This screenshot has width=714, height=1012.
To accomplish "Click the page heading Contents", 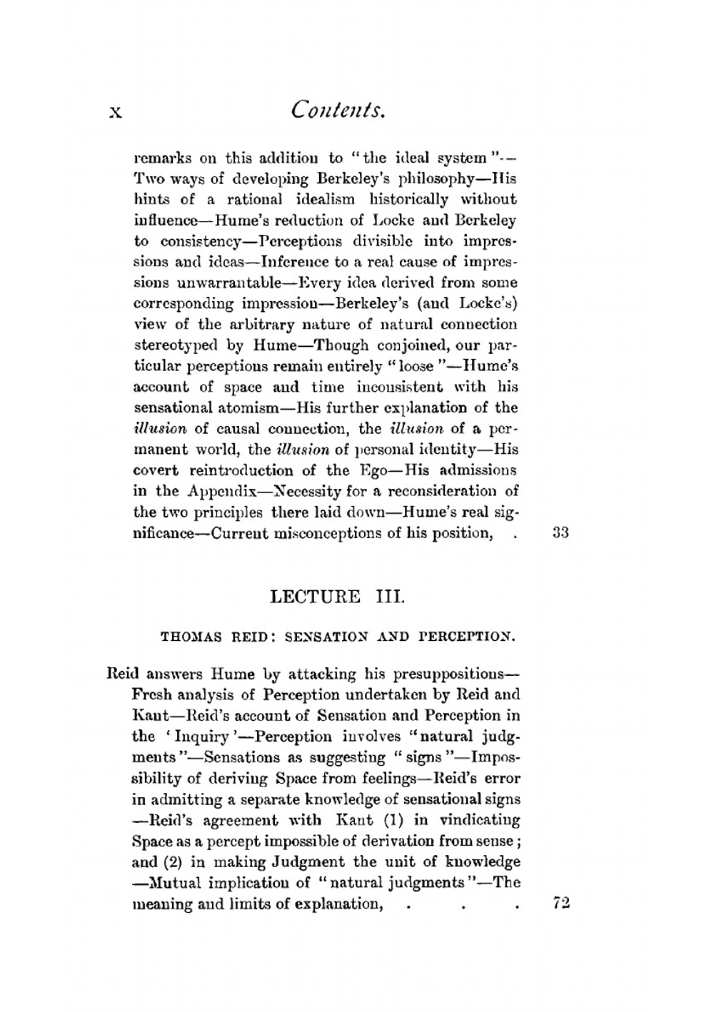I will (338, 110).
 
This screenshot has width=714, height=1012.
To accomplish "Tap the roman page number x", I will (115, 112).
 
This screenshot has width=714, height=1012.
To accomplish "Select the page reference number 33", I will (560, 532).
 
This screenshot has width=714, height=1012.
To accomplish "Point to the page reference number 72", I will (561, 903).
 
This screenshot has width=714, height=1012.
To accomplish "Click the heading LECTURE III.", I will (337, 596).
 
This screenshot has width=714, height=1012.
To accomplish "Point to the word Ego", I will (376, 470).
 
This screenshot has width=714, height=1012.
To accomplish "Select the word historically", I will (409, 199).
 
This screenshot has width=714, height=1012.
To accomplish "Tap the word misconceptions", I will (329, 533).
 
